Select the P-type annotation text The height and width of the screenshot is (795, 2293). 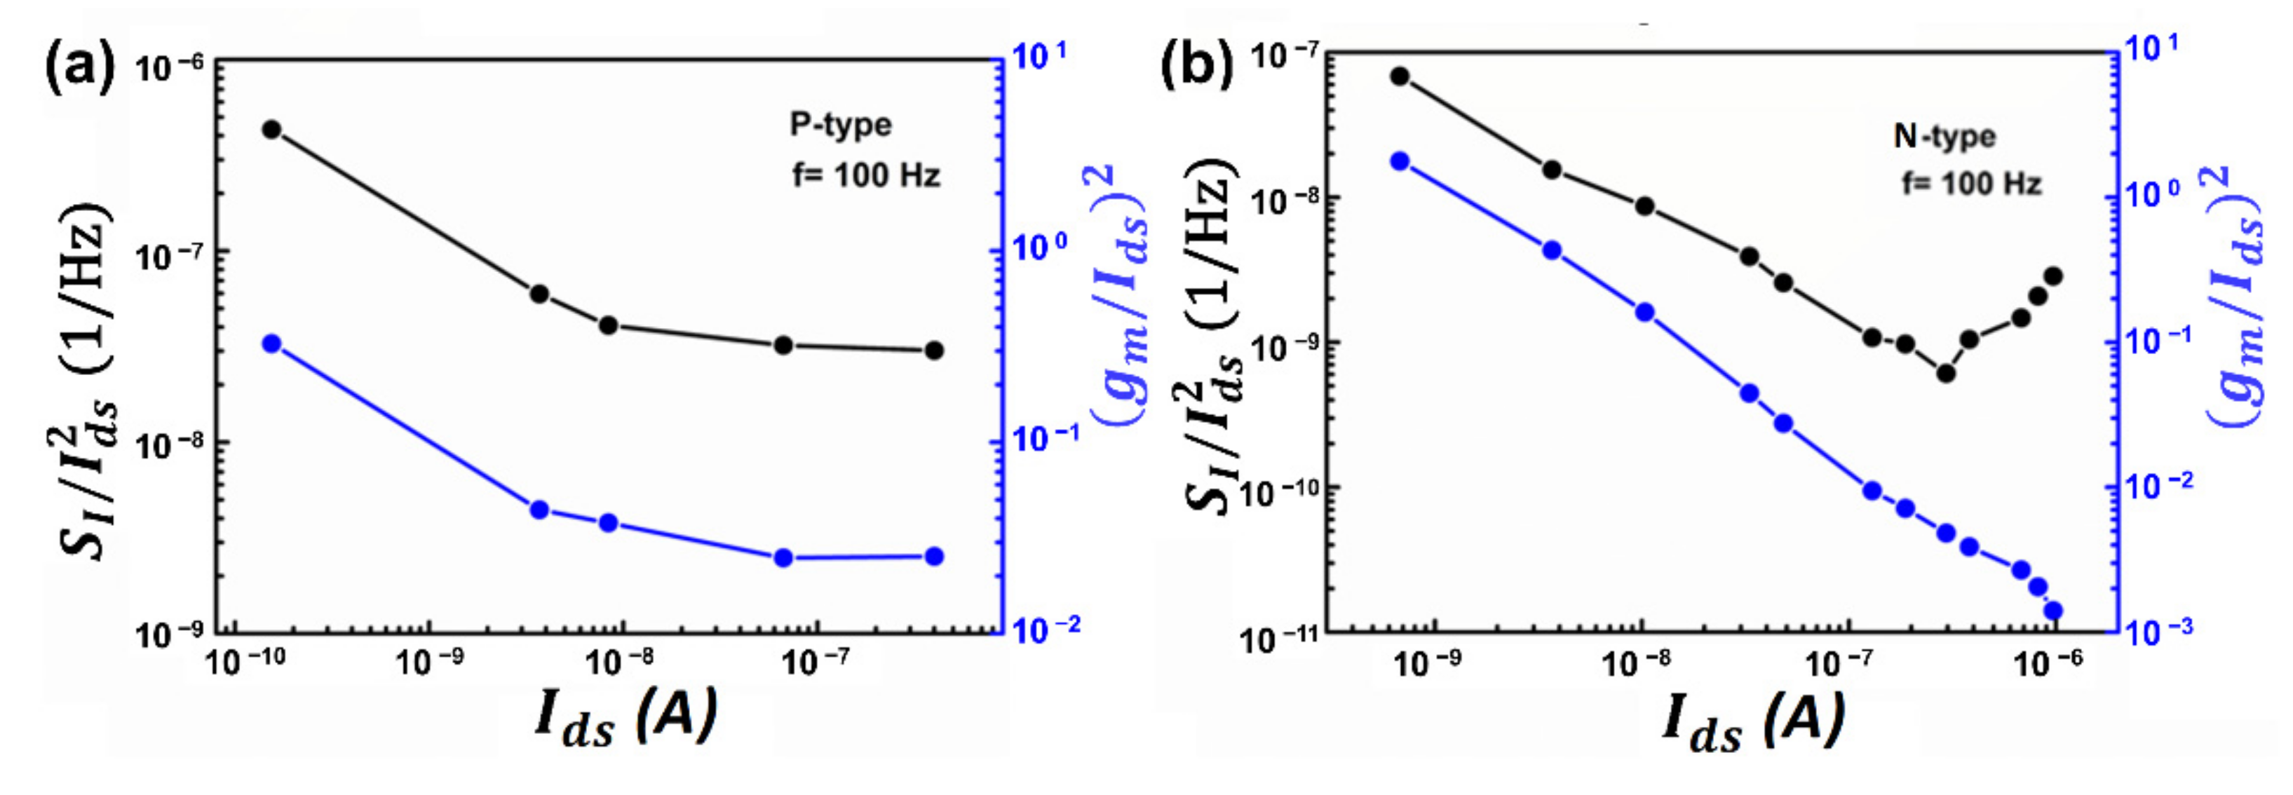click(840, 125)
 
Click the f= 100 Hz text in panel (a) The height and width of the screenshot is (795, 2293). click(865, 175)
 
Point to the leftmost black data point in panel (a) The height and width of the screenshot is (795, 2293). click(272, 130)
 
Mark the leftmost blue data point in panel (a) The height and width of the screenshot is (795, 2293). click(272, 344)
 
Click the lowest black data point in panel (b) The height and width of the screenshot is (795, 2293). click(1946, 373)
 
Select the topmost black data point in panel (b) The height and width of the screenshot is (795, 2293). click(1400, 76)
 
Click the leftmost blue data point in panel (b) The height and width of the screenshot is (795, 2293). click(1400, 161)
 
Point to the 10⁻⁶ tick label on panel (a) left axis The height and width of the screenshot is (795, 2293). click(169, 67)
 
